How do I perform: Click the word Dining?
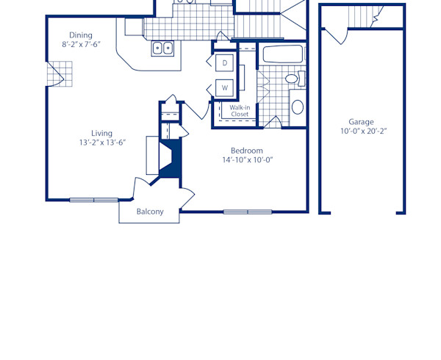coord(81,35)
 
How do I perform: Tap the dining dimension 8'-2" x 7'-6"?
coord(81,45)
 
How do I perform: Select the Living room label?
coord(101,133)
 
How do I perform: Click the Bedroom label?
coord(246,151)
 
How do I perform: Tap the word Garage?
coord(361,122)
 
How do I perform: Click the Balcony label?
coord(150,212)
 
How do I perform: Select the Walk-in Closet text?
coord(240,111)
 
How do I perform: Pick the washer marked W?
coord(225,87)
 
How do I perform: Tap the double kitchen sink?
coord(162,48)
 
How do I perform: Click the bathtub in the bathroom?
coord(282,54)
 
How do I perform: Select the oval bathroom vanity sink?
coord(297,107)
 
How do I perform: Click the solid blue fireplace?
coord(171,159)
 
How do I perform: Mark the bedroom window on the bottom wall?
coord(248,212)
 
